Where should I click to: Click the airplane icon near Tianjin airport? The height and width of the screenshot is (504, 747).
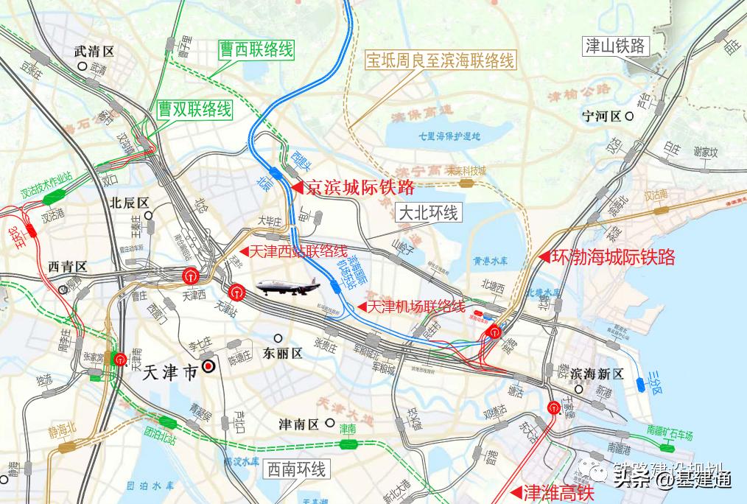282,287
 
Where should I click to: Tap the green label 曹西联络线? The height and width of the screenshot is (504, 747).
256,50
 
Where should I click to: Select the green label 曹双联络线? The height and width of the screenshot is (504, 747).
194,110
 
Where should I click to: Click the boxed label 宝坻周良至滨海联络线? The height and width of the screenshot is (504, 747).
441,60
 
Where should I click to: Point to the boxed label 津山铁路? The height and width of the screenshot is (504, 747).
614,46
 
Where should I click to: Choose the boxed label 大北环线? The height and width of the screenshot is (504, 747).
428,214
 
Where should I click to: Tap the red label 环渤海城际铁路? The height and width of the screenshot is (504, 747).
611,257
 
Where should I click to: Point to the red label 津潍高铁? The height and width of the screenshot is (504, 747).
557,492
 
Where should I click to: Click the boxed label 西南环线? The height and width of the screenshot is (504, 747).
295,468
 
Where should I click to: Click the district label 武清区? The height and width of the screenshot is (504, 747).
95,52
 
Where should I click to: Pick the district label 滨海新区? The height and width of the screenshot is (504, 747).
597,374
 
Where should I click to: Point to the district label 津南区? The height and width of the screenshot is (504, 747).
298,424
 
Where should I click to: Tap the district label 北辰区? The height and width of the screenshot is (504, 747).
129,203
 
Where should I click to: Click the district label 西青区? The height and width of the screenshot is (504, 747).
67,266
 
